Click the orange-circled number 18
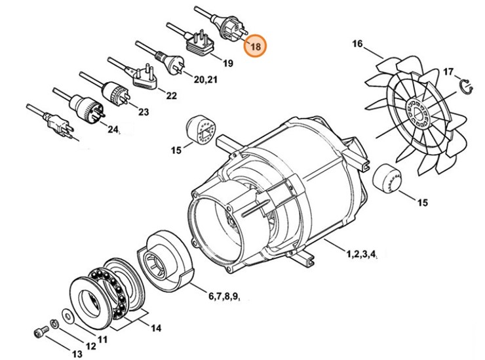[255, 47]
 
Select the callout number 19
[227, 64]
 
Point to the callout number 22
[171, 96]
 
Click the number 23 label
[143, 112]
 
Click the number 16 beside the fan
[357, 45]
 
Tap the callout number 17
[448, 71]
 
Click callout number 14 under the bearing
[155, 327]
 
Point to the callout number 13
[77, 355]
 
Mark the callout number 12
[90, 346]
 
